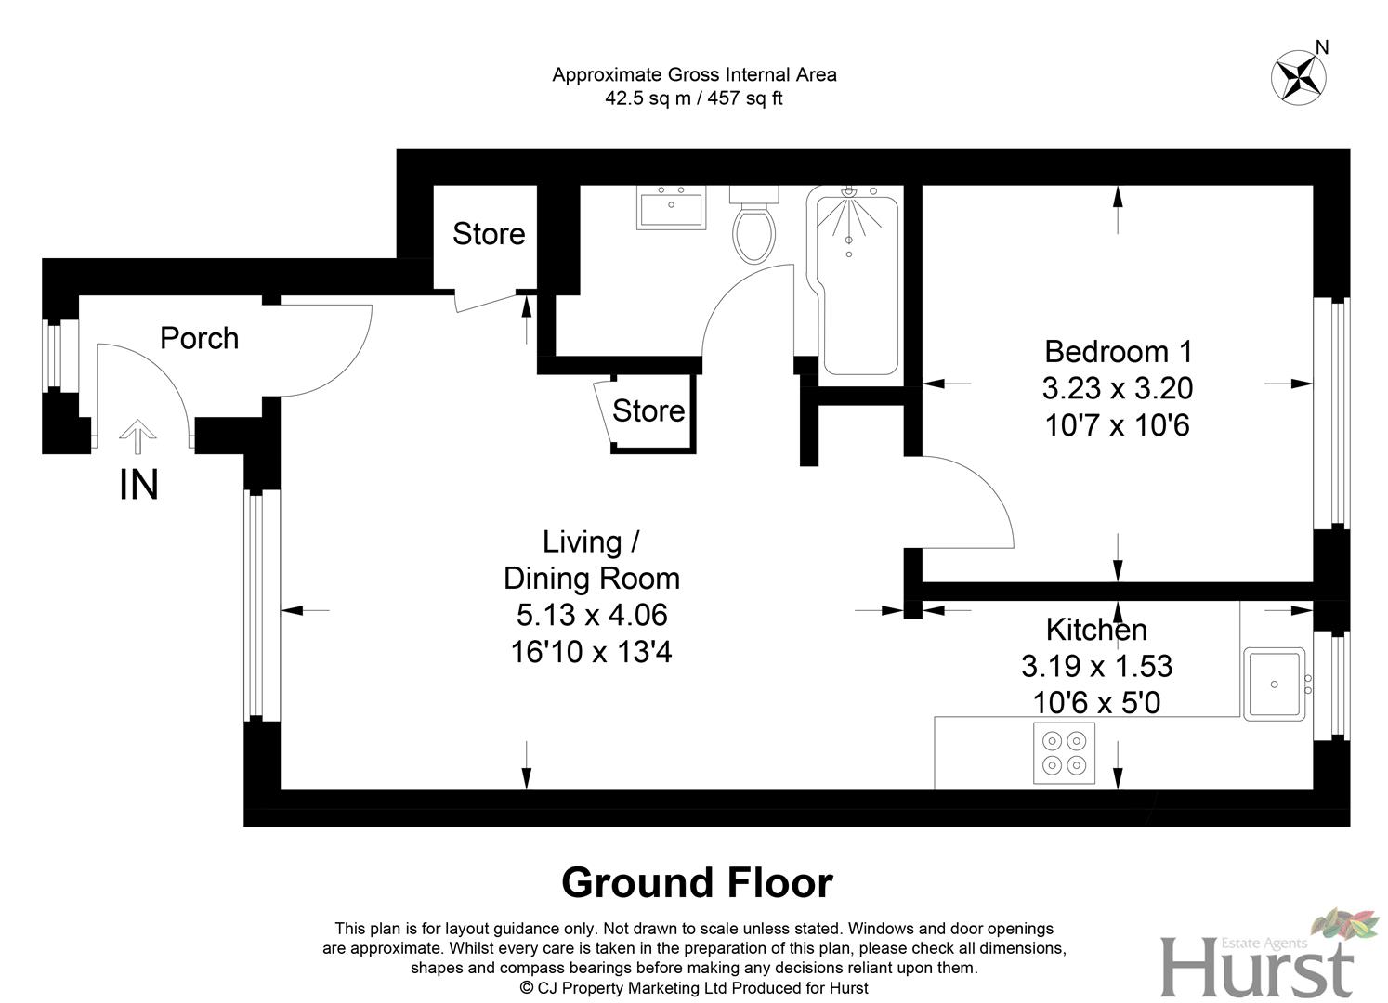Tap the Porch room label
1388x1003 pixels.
coord(199,338)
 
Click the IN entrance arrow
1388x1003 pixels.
coord(138,435)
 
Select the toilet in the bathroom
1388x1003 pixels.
coord(753,228)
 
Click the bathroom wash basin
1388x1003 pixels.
coord(671,207)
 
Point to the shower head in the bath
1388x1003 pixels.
coord(848,192)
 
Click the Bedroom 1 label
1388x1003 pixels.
coord(1118,352)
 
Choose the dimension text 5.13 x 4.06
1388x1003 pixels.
coord(592,615)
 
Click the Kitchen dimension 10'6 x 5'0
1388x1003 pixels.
coord(1096,703)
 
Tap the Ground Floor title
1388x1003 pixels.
coord(697,882)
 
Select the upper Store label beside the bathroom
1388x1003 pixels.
coord(489,234)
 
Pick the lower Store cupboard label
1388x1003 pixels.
coord(648,410)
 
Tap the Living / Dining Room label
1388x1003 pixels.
coord(592,560)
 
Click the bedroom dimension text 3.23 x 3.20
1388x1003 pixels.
coord(1118,388)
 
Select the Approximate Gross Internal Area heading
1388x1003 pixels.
coord(694,74)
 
